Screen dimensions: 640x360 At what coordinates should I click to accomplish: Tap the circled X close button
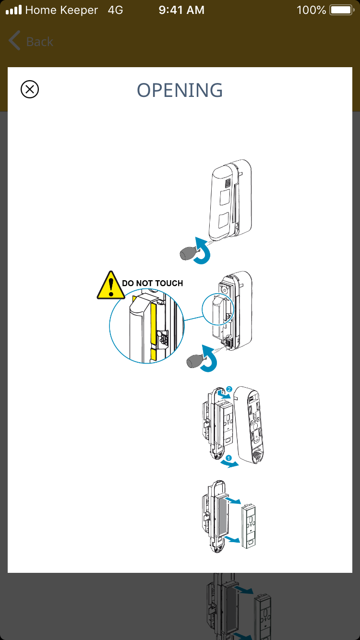tap(30, 89)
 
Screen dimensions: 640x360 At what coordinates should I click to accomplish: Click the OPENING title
tap(180, 90)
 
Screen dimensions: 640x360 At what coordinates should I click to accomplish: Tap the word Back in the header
tap(40, 42)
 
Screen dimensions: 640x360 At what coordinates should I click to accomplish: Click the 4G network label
tap(115, 10)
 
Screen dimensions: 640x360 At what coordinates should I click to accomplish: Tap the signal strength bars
tap(13, 10)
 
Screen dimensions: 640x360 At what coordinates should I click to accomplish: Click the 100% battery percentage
tap(311, 10)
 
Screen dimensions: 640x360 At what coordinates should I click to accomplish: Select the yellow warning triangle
tap(111, 286)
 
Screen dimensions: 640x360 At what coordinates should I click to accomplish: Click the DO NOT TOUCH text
tap(153, 283)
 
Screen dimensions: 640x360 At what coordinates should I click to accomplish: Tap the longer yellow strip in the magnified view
tap(153, 321)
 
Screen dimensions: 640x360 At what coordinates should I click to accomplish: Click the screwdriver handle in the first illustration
tap(188, 254)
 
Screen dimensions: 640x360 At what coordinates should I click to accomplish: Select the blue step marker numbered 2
tap(229, 389)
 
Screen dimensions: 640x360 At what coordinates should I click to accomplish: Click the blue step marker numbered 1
tap(228, 458)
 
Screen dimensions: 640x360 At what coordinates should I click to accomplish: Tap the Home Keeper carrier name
tap(61, 10)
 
